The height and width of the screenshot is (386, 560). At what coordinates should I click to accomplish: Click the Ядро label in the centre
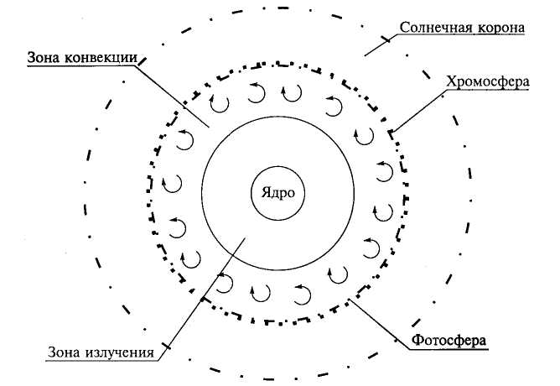277,192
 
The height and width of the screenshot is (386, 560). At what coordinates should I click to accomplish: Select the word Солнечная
430,27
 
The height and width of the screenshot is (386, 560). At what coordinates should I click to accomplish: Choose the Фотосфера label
450,342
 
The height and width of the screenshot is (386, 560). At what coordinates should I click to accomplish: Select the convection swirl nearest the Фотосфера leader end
340,274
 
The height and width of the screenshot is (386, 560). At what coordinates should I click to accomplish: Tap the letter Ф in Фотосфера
416,342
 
